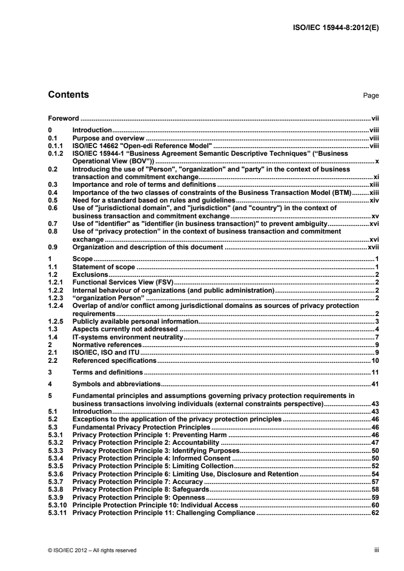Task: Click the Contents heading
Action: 68,95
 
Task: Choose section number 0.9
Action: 52,247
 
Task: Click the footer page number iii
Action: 378,550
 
